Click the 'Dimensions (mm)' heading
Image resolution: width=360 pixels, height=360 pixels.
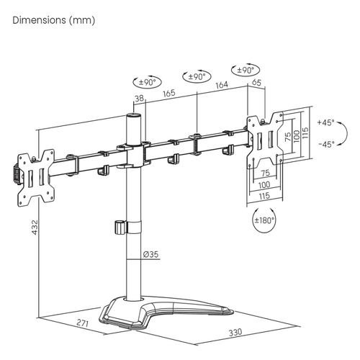(x=54, y=20)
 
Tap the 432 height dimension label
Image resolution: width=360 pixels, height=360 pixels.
(x=35, y=227)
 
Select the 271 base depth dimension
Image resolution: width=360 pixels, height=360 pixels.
(x=83, y=323)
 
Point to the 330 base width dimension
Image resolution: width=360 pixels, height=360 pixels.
(x=235, y=333)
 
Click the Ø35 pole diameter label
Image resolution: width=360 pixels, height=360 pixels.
(x=151, y=254)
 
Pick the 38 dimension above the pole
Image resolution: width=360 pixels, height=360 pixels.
(x=139, y=98)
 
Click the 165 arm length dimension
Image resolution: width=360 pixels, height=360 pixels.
(x=169, y=93)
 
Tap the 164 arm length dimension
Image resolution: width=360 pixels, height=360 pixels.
(x=222, y=85)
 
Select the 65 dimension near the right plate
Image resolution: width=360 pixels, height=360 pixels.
(x=256, y=82)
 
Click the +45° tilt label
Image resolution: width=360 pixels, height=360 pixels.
(x=325, y=122)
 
